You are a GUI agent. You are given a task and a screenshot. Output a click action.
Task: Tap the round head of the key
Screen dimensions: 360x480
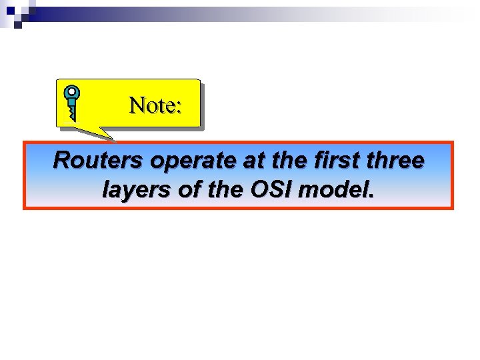pos(72,93)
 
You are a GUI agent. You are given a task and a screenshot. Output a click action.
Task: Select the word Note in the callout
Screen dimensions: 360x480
pos(151,105)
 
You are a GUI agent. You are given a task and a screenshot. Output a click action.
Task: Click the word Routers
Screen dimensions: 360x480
pos(99,161)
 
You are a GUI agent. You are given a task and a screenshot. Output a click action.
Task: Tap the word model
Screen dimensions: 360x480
pos(333,191)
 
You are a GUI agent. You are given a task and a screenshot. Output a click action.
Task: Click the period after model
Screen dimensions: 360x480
pos(371,197)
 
